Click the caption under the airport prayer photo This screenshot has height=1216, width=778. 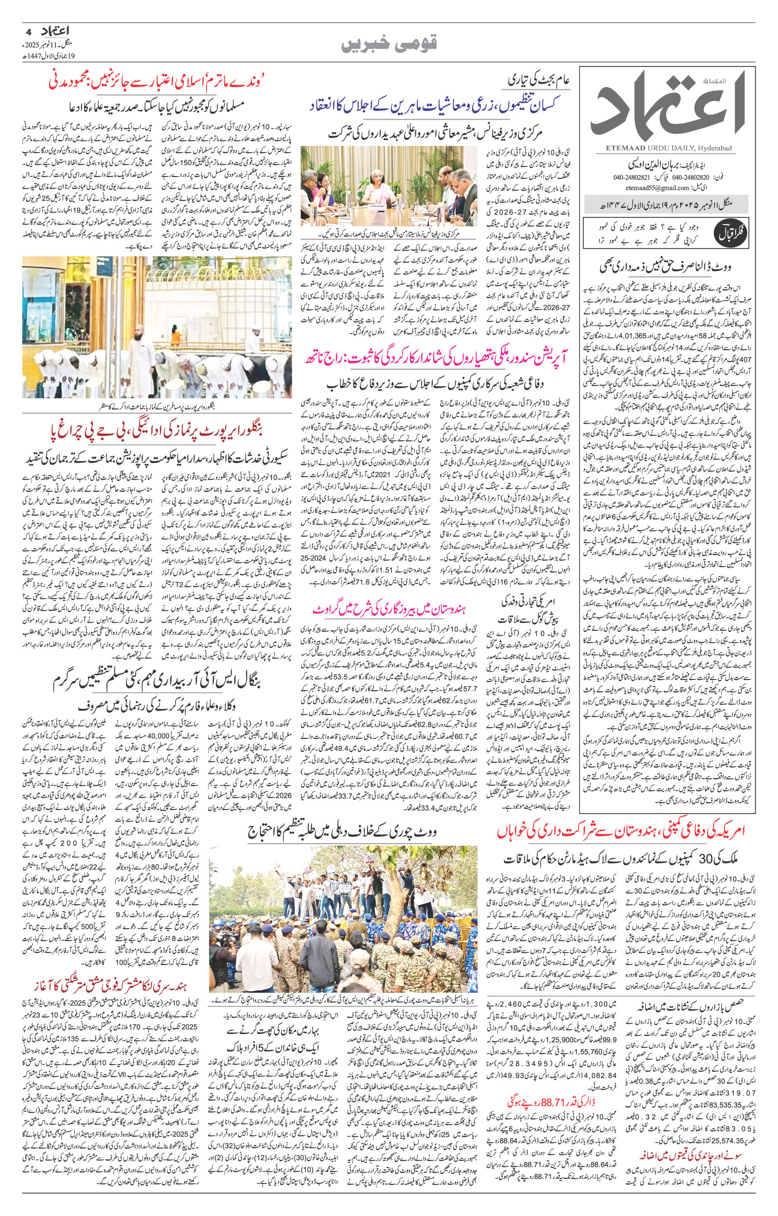[157, 405]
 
